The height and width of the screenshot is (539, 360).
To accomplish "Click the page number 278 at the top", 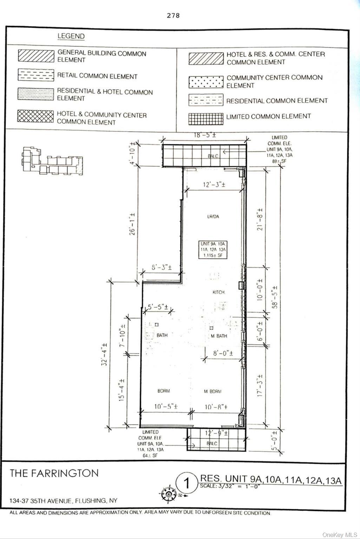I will (x=173, y=15).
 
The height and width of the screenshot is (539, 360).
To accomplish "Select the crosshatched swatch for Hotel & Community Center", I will (x=35, y=116).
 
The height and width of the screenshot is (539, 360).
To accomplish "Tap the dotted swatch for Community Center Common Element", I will (x=206, y=82).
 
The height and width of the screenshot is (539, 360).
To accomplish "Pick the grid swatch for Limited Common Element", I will (x=206, y=119).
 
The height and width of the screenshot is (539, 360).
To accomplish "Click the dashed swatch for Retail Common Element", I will (x=35, y=75).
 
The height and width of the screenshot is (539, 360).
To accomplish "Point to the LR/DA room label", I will (x=213, y=217).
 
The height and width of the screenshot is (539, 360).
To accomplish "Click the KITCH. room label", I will (x=218, y=292).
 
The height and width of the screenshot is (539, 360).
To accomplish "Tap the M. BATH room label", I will (x=219, y=336).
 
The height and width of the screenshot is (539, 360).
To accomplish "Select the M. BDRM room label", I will (x=213, y=391).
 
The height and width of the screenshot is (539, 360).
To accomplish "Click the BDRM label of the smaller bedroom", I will (x=163, y=391).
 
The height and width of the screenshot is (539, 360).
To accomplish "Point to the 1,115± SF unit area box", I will (x=213, y=249).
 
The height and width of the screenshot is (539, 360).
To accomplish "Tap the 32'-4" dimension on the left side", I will (x=104, y=355).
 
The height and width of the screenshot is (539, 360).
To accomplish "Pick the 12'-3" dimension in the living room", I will (x=214, y=185).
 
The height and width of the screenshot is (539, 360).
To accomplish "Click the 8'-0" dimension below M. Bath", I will (x=223, y=353).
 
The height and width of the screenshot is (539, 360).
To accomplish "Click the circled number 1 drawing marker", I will (x=187, y=483).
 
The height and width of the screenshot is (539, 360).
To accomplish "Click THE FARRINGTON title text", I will (x=54, y=473).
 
